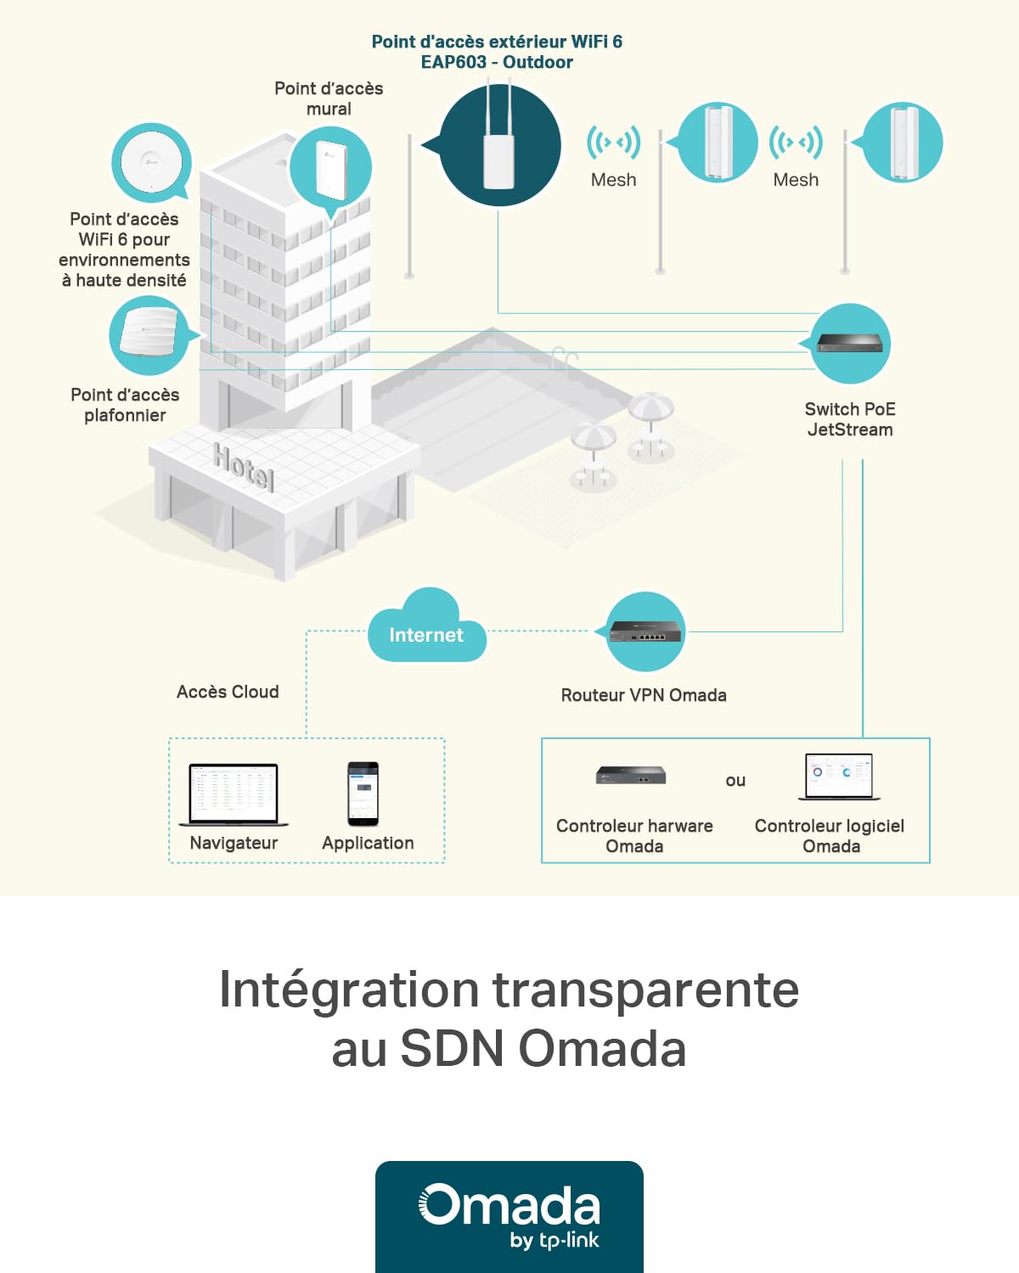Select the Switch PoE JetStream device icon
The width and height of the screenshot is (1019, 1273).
point(850,343)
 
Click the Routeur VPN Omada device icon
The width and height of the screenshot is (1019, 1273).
point(645,631)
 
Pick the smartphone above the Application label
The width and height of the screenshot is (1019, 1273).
point(363,794)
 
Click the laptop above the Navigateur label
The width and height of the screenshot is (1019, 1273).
point(234,794)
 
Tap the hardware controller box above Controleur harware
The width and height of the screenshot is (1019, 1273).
point(631,775)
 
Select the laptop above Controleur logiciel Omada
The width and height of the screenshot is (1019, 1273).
point(839,777)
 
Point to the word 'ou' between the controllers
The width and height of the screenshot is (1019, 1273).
point(735,781)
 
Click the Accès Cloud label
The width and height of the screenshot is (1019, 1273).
point(228,692)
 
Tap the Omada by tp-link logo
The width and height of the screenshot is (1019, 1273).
point(509,1216)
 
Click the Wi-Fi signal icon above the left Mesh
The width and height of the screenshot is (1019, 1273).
point(613,142)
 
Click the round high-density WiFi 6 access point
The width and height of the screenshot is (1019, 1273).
point(152,161)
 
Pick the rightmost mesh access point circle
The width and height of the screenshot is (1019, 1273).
point(902,142)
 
